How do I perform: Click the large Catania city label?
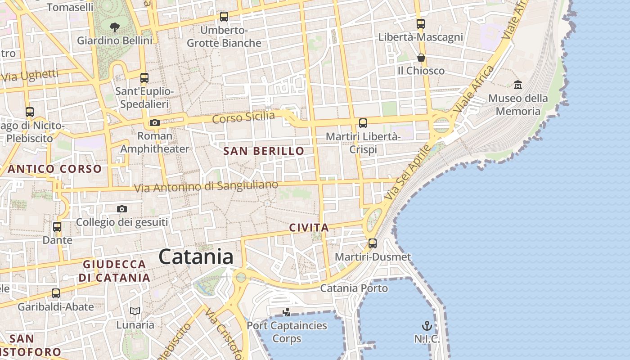[196, 257]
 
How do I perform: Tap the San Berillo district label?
[264, 151]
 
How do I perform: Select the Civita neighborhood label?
[309, 228]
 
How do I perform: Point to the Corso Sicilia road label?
[243, 117]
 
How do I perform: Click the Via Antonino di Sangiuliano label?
[207, 186]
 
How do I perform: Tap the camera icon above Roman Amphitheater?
[154, 122]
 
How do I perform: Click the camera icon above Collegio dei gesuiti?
[121, 209]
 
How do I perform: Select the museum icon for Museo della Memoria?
[517, 84]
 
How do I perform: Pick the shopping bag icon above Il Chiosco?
[421, 58]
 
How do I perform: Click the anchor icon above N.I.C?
[427, 326]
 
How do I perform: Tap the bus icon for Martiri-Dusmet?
[373, 243]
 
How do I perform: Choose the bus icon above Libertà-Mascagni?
[421, 24]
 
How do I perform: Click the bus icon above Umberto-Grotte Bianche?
[224, 17]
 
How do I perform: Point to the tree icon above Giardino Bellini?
[115, 27]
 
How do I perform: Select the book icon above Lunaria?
[135, 311]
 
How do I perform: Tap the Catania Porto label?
[354, 288]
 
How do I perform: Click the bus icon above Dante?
[57, 227]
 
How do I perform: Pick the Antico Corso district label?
[55, 169]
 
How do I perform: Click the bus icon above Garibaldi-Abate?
[56, 293]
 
